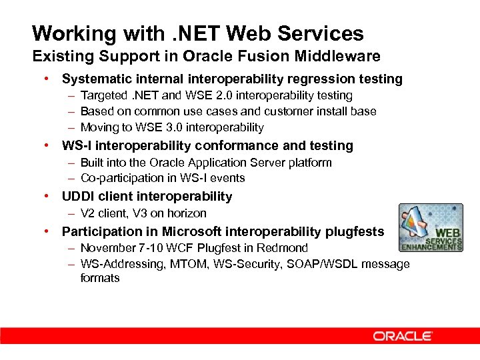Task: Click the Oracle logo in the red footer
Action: point(403,336)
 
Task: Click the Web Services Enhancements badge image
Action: point(431,227)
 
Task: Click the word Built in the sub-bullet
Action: point(92,163)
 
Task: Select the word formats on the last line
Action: point(100,278)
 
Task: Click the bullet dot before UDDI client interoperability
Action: point(47,196)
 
